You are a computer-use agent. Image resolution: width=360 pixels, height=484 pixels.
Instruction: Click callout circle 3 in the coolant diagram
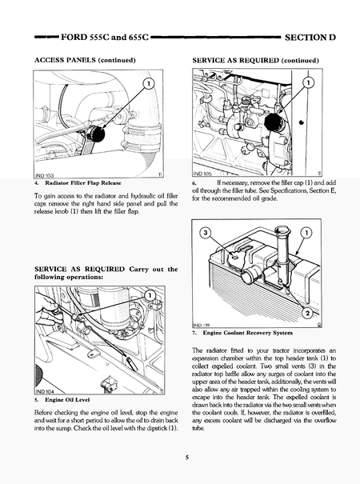click(205, 234)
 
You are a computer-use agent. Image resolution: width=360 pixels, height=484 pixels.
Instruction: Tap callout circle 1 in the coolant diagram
click(308, 234)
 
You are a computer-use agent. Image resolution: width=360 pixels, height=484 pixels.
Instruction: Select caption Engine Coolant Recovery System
click(251, 333)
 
